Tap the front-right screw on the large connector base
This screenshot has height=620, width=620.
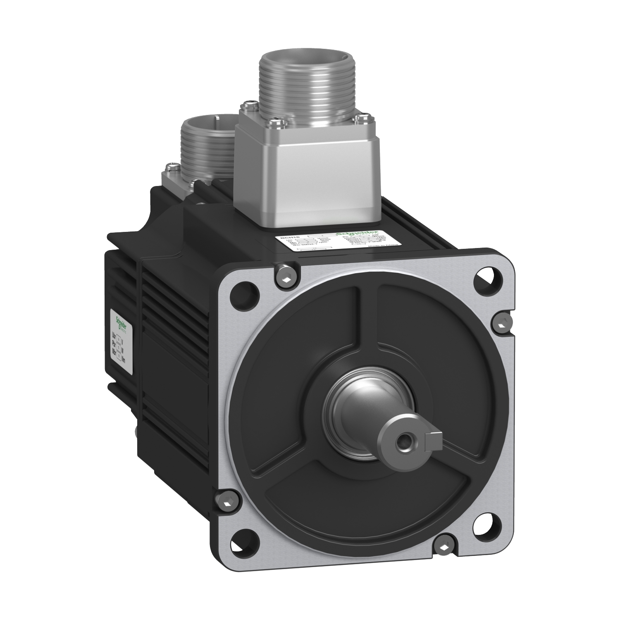[x=362, y=119]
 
